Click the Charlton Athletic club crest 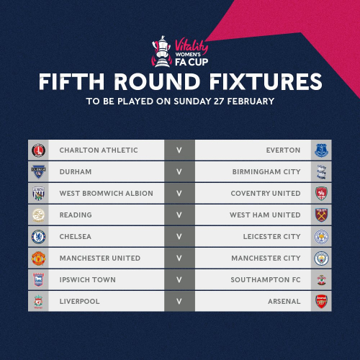(x=38, y=150)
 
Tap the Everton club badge (x=321, y=150)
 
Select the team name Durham (x=76, y=172)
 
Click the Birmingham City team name (x=266, y=172)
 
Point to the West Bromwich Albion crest (x=38, y=194)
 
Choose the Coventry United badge (x=321, y=194)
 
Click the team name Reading (x=76, y=215)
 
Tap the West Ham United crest (x=321, y=215)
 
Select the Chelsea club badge (x=38, y=237)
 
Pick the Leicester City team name (x=272, y=237)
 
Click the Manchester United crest (x=38, y=258)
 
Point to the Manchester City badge (x=321, y=258)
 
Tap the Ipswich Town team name (x=88, y=280)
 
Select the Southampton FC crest (x=321, y=280)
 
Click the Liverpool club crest (x=38, y=302)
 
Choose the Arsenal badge (x=321, y=302)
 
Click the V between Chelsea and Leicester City (x=179, y=237)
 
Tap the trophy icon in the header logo (x=162, y=51)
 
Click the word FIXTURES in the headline (x=266, y=81)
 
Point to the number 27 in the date (x=219, y=102)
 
